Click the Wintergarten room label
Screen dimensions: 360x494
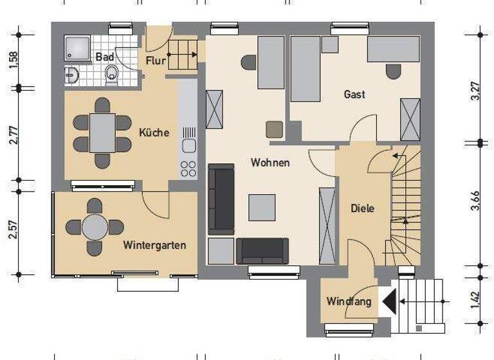pos(154,245)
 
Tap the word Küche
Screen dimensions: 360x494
pos(154,133)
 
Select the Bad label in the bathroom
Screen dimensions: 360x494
pos(104,57)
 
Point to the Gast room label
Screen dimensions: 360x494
pos(354,94)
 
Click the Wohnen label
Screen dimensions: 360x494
pos(270,163)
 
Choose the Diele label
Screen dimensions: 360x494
pos(362,208)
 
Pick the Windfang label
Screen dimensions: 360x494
pos(349,301)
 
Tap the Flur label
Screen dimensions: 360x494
pos(156,61)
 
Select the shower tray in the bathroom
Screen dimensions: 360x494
pos(77,48)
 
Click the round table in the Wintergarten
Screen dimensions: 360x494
pos(95,227)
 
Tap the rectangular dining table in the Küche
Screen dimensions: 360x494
pos(102,133)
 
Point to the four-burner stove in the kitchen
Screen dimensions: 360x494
pos(188,168)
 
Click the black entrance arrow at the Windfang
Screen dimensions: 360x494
pos(389,301)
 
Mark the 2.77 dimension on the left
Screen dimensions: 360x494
pos(14,135)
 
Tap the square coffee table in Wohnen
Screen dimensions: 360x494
pos(262,207)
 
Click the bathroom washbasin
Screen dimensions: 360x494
pos(71,75)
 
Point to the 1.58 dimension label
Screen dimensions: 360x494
pos(14,59)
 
